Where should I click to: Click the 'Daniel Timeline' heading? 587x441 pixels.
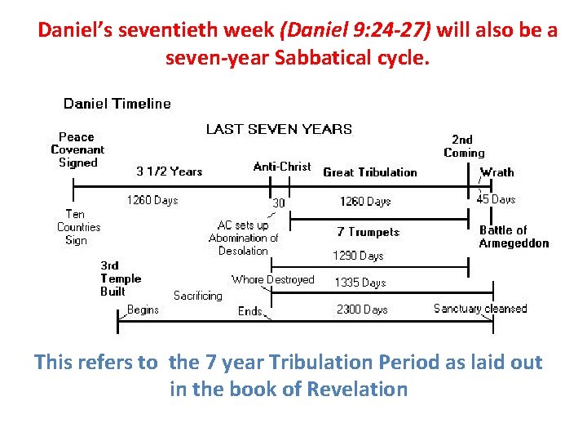click(117, 104)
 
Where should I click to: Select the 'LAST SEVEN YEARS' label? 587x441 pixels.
click(279, 129)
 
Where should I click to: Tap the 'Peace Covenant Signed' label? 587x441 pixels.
click(77, 149)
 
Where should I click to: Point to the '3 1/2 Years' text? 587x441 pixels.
click(169, 171)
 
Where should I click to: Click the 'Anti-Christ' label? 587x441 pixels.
click(282, 167)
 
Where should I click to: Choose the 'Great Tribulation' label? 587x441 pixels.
click(369, 172)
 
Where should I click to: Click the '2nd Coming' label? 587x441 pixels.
click(464, 146)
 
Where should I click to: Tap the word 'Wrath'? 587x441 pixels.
click(497, 172)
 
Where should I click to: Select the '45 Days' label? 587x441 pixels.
click(496, 199)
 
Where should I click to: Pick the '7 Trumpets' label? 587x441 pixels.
click(369, 232)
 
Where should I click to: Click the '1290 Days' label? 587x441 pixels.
click(357, 256)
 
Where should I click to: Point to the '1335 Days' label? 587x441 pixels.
click(360, 283)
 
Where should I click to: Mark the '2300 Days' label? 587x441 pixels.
click(362, 310)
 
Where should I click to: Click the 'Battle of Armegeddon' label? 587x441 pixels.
click(514, 237)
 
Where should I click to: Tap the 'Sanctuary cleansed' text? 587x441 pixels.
click(480, 309)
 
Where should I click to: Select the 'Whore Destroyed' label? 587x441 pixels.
click(272, 279)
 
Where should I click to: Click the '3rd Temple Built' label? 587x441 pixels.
click(121, 278)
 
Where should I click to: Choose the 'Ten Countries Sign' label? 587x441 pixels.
click(78, 227)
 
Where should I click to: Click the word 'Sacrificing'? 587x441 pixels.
click(197, 296)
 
